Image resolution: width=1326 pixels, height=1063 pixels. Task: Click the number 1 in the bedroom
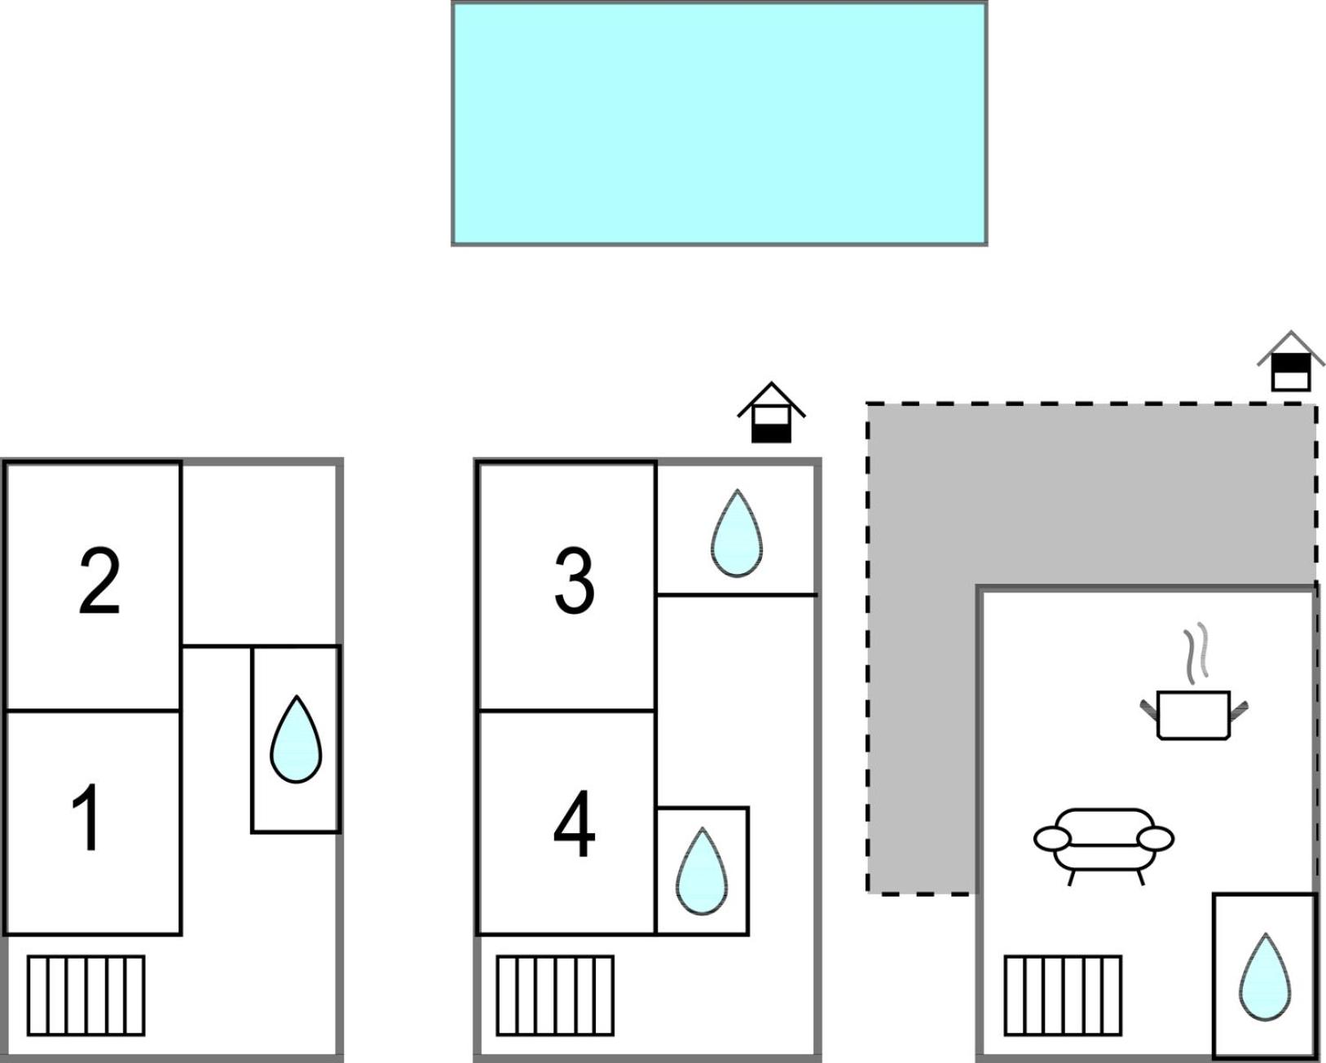pos(87,817)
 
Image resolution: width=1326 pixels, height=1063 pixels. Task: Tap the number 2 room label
pos(99,581)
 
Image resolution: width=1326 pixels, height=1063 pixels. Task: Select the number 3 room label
pos(575,581)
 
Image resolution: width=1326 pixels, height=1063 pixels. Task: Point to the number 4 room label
pos(575,824)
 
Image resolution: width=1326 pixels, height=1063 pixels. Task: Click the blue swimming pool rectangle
pos(719,123)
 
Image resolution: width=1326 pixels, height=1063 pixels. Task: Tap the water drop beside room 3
pos(737,534)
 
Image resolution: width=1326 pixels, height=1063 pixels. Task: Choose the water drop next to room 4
pos(702,871)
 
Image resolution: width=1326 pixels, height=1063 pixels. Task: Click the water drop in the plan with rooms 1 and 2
pos(296,739)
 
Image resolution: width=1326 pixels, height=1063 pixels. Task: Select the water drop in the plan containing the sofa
pos(1265,977)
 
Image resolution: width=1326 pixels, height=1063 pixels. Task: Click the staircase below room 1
pos(86,995)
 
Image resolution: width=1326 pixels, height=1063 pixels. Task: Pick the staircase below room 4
pos(555,995)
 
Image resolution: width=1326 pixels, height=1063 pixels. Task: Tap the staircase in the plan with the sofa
pos(1063,995)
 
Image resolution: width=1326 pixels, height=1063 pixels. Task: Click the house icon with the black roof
pos(772,412)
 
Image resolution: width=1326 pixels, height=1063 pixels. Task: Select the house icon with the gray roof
pos(1291,362)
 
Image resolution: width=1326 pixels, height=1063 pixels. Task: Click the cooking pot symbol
pos(1193,715)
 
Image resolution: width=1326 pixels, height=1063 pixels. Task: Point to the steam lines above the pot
pos(1196,653)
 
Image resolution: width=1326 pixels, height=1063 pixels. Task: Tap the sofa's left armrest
pos(1052,839)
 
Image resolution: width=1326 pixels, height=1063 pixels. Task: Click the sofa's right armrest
pos(1156,839)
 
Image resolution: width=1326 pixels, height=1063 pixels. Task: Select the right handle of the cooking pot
pos(1239,710)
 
